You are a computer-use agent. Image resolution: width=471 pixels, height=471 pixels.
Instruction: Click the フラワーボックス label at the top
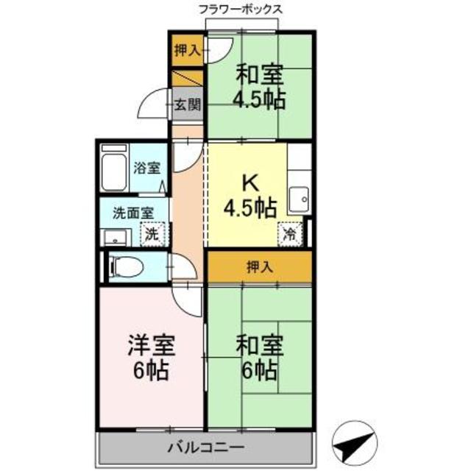[240, 10]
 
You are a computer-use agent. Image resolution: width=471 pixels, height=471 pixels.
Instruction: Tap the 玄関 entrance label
[187, 105]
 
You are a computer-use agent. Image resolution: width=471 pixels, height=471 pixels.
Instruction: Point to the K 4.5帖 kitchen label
[249, 196]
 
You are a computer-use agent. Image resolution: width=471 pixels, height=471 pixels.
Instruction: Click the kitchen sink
[298, 198]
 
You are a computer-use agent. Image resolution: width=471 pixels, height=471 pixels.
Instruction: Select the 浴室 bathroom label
[146, 168]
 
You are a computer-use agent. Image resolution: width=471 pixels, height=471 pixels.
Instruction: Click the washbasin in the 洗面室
[113, 236]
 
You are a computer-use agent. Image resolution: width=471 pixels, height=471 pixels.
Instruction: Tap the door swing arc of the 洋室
[188, 297]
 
